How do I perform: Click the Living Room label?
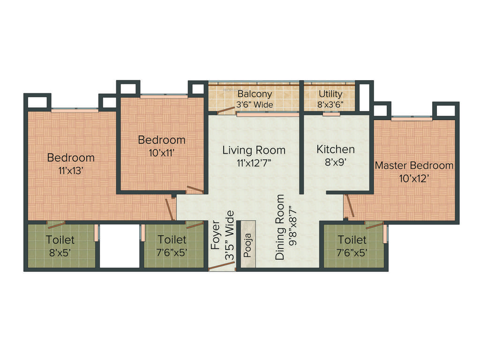click(x=254, y=150)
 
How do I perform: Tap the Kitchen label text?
click(x=336, y=149)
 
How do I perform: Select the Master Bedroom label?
click(x=414, y=165)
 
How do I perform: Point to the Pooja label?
click(x=247, y=245)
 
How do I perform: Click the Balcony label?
click(x=255, y=94)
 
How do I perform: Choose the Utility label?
click(x=330, y=94)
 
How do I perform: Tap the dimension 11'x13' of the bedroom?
click(x=71, y=171)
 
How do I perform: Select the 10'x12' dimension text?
click(x=414, y=178)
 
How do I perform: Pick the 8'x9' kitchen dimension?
click(x=336, y=163)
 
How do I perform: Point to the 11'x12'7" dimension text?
click(x=254, y=163)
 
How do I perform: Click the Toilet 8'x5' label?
click(x=60, y=246)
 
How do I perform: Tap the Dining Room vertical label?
click(x=280, y=227)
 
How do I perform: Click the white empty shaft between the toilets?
click(x=120, y=246)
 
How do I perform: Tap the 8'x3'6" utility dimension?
click(x=330, y=105)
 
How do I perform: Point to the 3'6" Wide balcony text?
click(x=255, y=105)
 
